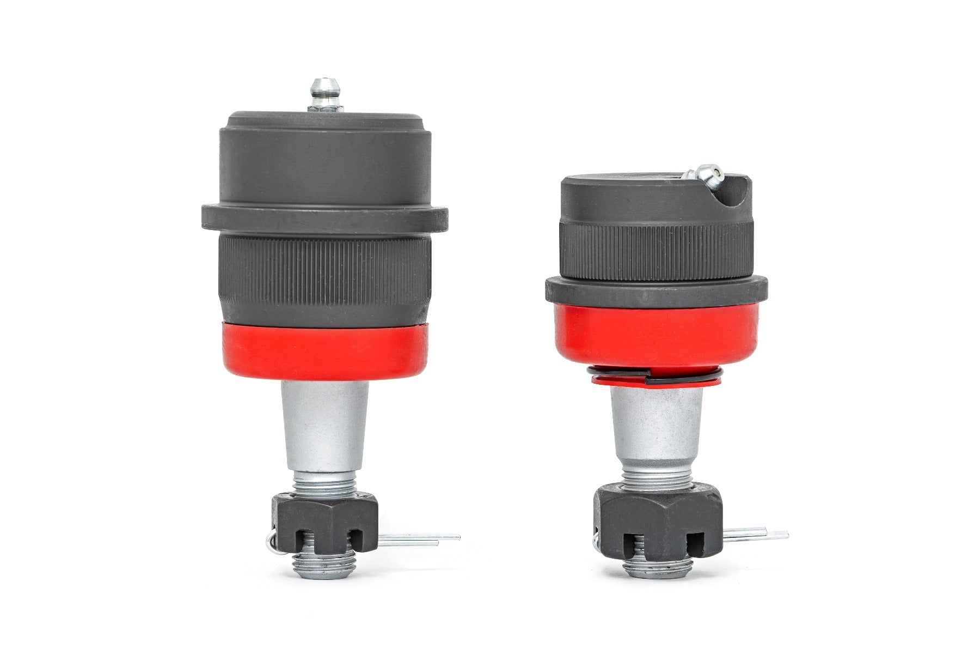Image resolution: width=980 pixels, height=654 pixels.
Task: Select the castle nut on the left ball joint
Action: (x=325, y=525)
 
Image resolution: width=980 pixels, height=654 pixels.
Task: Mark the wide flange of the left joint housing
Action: (x=325, y=217)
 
